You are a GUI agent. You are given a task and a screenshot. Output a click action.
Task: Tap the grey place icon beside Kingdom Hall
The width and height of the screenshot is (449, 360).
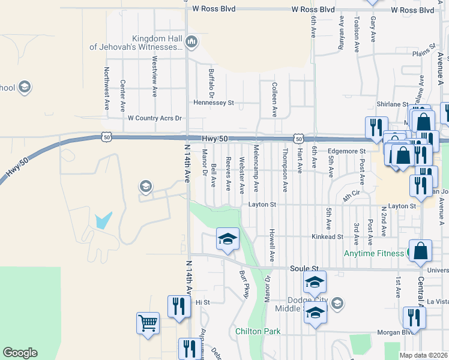(x=191, y=41)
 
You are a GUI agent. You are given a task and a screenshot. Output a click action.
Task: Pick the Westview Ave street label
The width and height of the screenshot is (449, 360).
(x=154, y=77)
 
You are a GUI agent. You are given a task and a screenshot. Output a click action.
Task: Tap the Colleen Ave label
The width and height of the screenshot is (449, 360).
(x=274, y=99)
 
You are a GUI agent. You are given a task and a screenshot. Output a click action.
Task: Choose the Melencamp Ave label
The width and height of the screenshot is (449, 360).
(x=256, y=168)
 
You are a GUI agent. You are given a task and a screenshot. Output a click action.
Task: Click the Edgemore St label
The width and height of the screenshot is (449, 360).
(x=346, y=151)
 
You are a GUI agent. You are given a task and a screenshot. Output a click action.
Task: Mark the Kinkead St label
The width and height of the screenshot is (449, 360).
(x=327, y=237)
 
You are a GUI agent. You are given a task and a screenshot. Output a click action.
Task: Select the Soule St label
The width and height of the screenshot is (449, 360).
(x=304, y=268)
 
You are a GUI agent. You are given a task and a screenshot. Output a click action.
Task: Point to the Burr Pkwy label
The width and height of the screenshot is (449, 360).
(x=244, y=284)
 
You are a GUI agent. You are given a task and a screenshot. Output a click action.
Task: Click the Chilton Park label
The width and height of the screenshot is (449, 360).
(x=258, y=331)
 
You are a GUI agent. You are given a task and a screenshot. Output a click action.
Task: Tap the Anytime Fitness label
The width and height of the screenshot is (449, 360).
(x=374, y=253)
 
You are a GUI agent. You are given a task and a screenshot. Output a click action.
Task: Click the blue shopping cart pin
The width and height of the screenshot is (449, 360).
(x=148, y=323)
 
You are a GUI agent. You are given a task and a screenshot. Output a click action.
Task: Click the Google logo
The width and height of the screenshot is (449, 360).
(x=20, y=353)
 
